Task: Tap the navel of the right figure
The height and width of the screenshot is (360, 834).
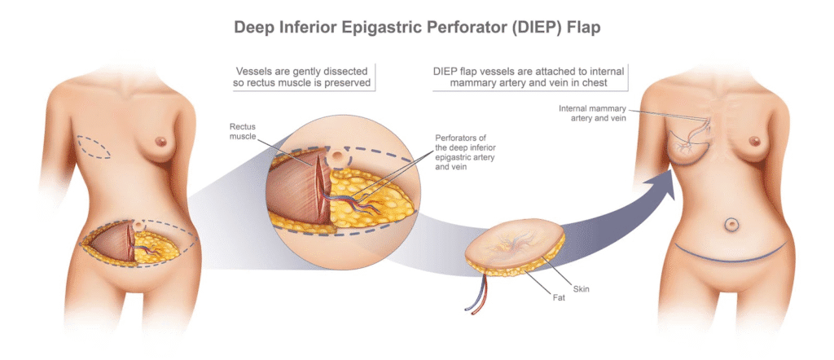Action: point(731,224)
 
